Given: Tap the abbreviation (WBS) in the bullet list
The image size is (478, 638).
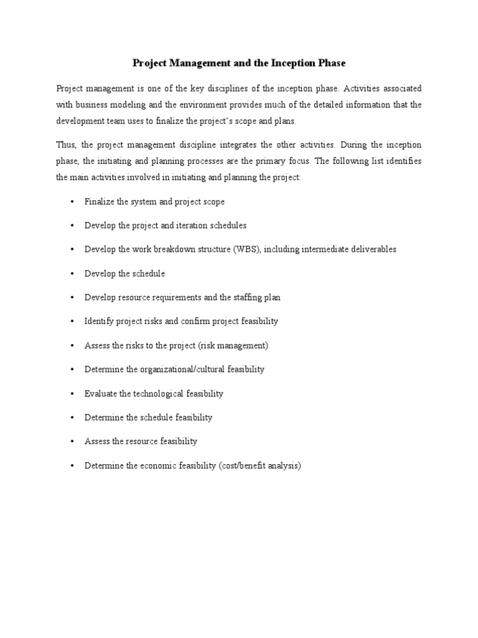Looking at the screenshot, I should (248, 249).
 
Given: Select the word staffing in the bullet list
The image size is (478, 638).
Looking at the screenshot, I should (247, 297).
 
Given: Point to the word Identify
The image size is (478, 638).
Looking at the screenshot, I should (100, 321).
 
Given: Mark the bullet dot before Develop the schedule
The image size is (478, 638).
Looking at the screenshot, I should (73, 274).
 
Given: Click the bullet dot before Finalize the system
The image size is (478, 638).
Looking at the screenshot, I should (73, 202).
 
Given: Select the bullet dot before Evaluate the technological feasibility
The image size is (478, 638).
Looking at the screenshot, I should (73, 394).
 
